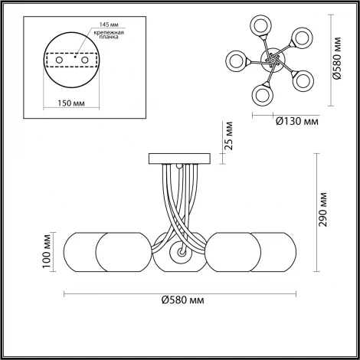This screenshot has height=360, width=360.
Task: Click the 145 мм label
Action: point(109,25)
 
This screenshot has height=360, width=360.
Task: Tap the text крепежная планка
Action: point(109,34)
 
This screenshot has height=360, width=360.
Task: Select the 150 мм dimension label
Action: point(71,103)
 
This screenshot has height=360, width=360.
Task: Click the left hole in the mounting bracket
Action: point(59,61)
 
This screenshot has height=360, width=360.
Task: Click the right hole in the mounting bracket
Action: point(85,61)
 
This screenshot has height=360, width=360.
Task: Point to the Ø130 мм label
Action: point(297,121)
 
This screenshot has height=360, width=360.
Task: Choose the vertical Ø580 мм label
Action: point(338,58)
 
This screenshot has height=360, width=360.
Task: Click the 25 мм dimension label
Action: point(229,136)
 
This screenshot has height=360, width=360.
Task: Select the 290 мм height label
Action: point(323,210)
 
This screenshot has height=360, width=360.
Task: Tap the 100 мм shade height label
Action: point(47,251)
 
